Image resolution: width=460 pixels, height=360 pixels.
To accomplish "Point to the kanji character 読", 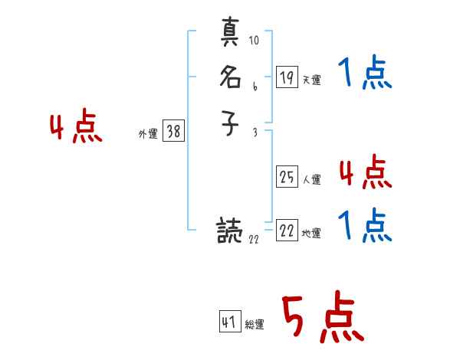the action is tap(230, 231).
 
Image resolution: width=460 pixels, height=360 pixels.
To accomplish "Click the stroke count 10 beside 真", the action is tap(255, 41).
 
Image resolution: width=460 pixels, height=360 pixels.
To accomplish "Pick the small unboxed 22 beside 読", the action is tap(255, 240).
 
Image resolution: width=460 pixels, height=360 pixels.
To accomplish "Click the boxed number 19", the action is tap(287, 77).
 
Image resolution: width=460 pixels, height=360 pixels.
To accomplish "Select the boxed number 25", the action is tap(287, 177).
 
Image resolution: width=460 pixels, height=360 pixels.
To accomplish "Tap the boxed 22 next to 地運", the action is tap(287, 231).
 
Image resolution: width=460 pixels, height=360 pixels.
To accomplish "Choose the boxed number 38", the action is tap(173, 132).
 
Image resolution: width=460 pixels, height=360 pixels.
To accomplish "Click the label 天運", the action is tap(311, 80).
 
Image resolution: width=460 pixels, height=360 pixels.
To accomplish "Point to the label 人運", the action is tap(311, 180).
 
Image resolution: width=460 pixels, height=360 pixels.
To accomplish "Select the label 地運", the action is tap(311, 234).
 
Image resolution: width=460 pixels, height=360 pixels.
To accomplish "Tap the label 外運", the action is tap(147, 134).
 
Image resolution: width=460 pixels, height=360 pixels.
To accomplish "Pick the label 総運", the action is tap(255, 325).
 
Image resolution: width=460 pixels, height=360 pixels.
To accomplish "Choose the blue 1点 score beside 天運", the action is tap(365, 74).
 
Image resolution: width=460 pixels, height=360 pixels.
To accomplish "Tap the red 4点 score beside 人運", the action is tap(365, 172).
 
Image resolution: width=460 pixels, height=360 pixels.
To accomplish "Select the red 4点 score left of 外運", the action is tap(76, 127).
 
